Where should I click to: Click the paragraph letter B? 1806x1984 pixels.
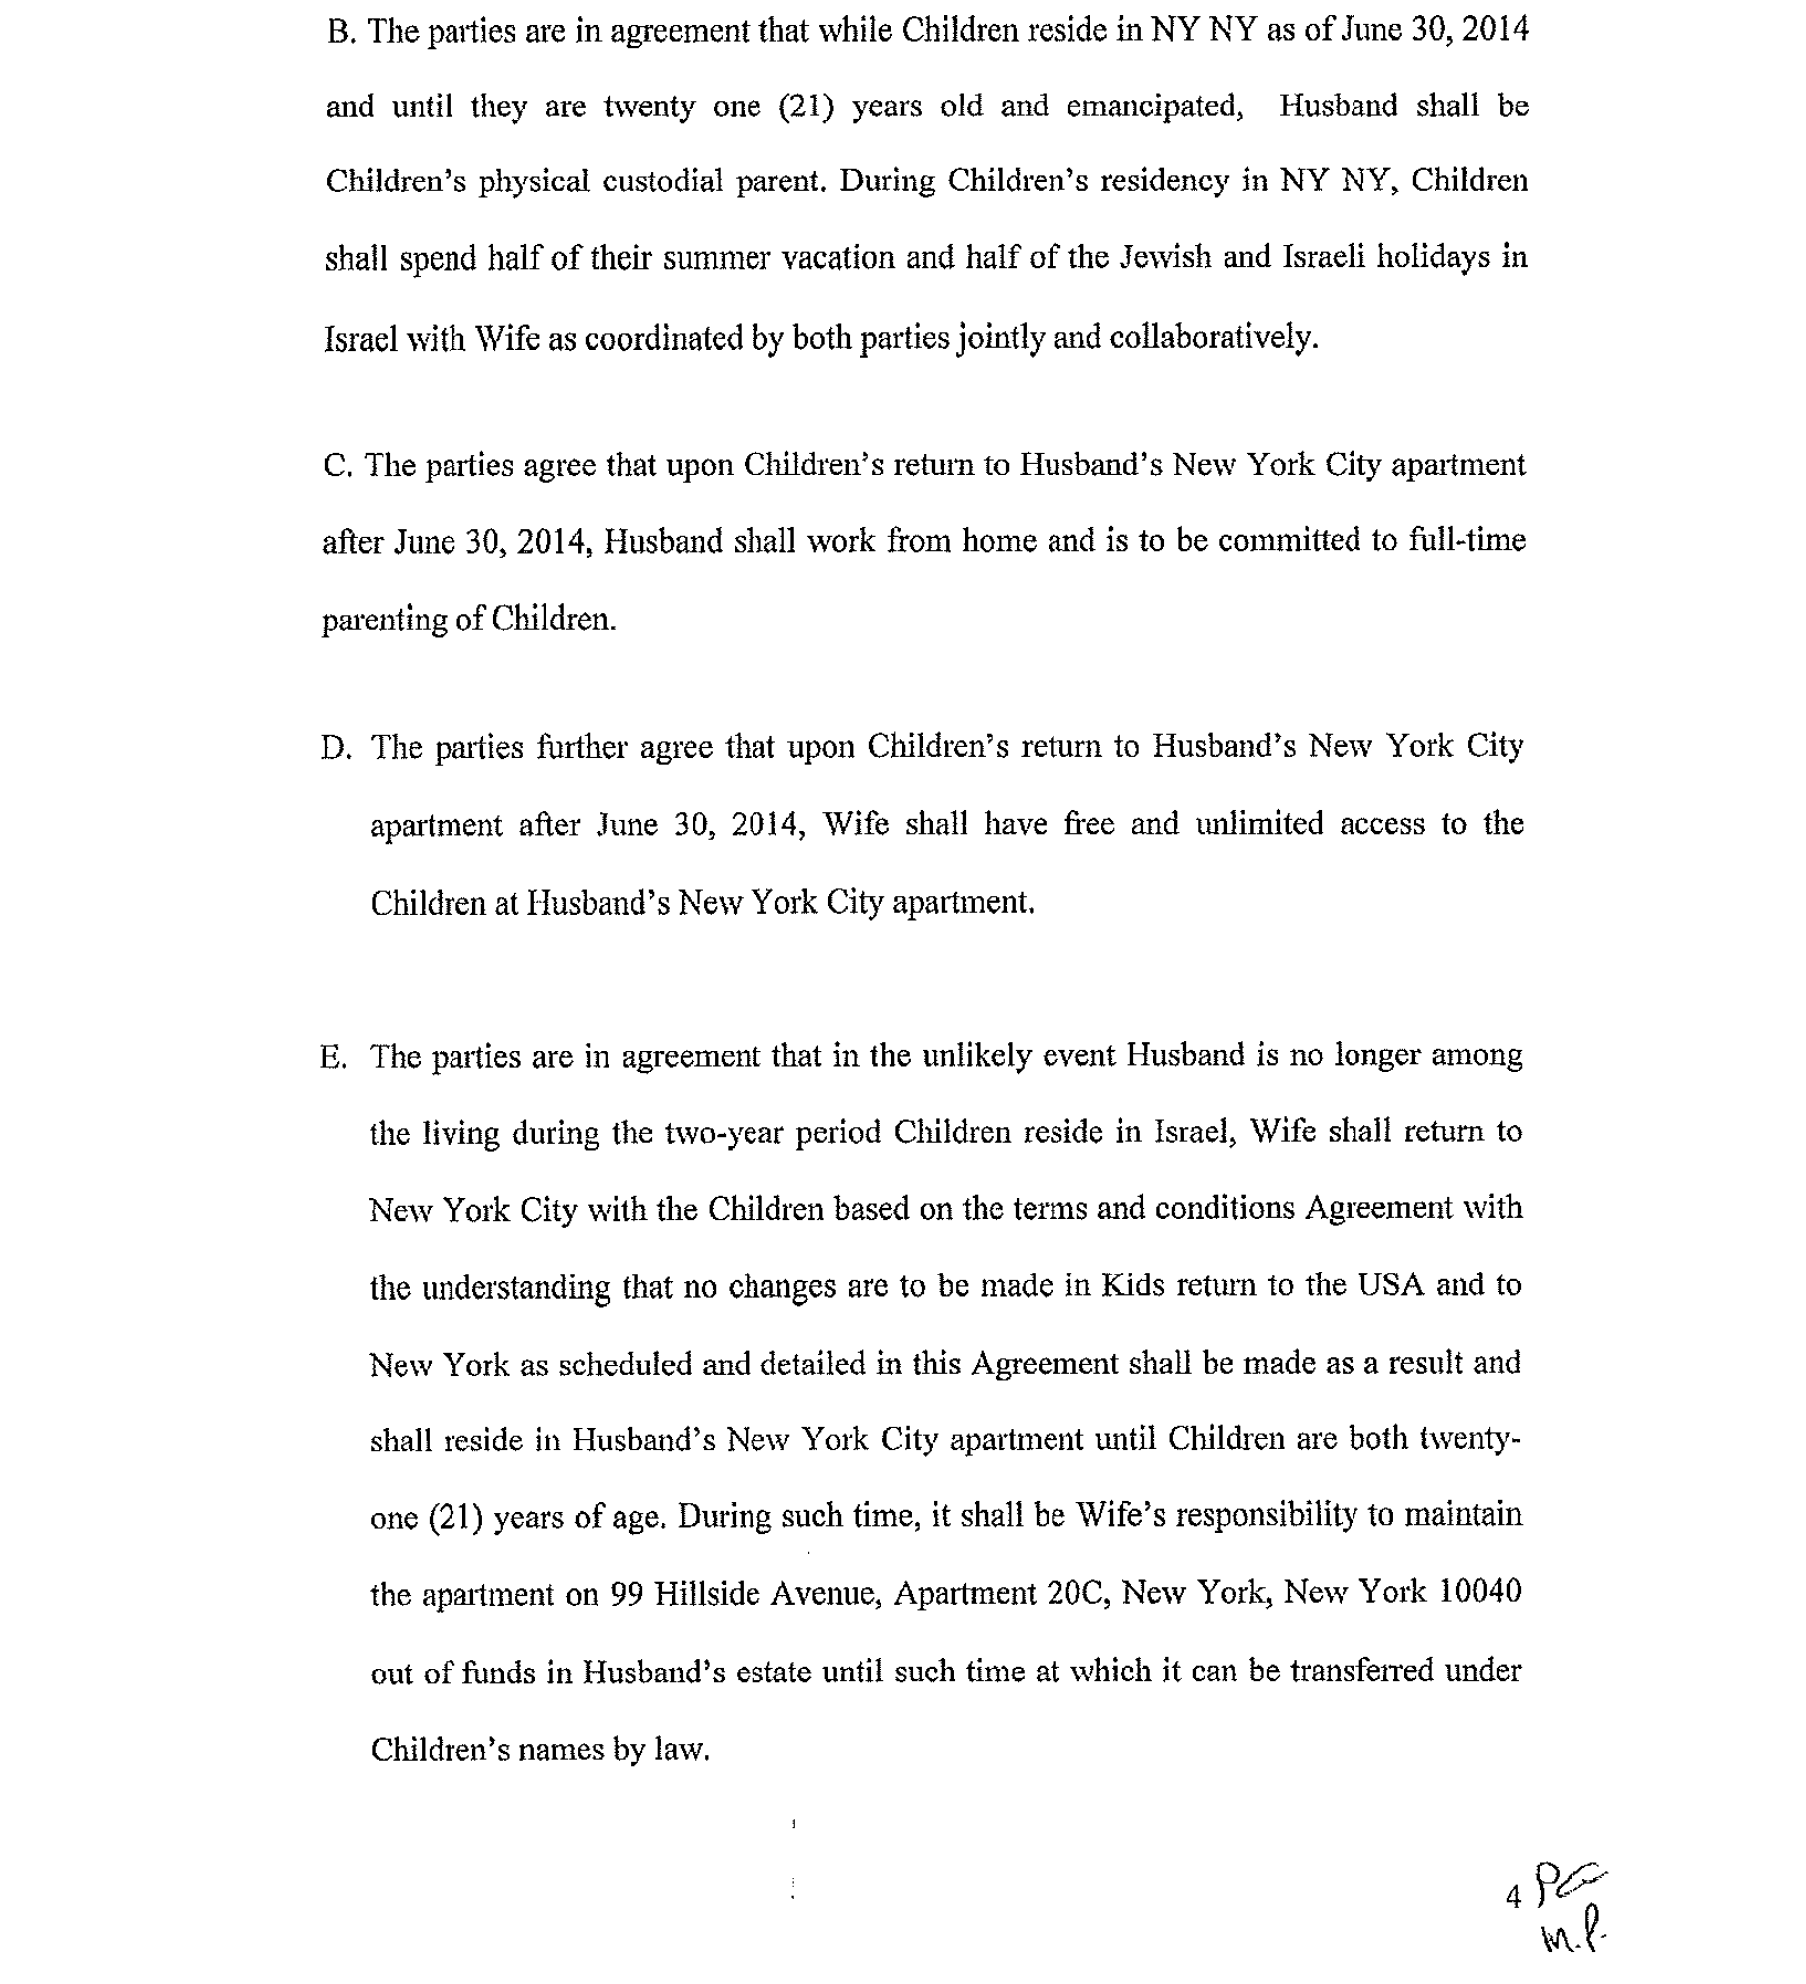[x=340, y=32]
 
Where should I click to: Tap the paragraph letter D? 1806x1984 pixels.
[x=335, y=748]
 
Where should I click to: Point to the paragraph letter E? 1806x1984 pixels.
[x=333, y=1057]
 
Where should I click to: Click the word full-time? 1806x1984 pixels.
[x=1467, y=541]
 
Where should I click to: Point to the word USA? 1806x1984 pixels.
[x=1390, y=1285]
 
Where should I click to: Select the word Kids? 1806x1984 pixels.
[x=1132, y=1286]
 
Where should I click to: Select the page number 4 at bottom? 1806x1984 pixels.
[x=1513, y=1898]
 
